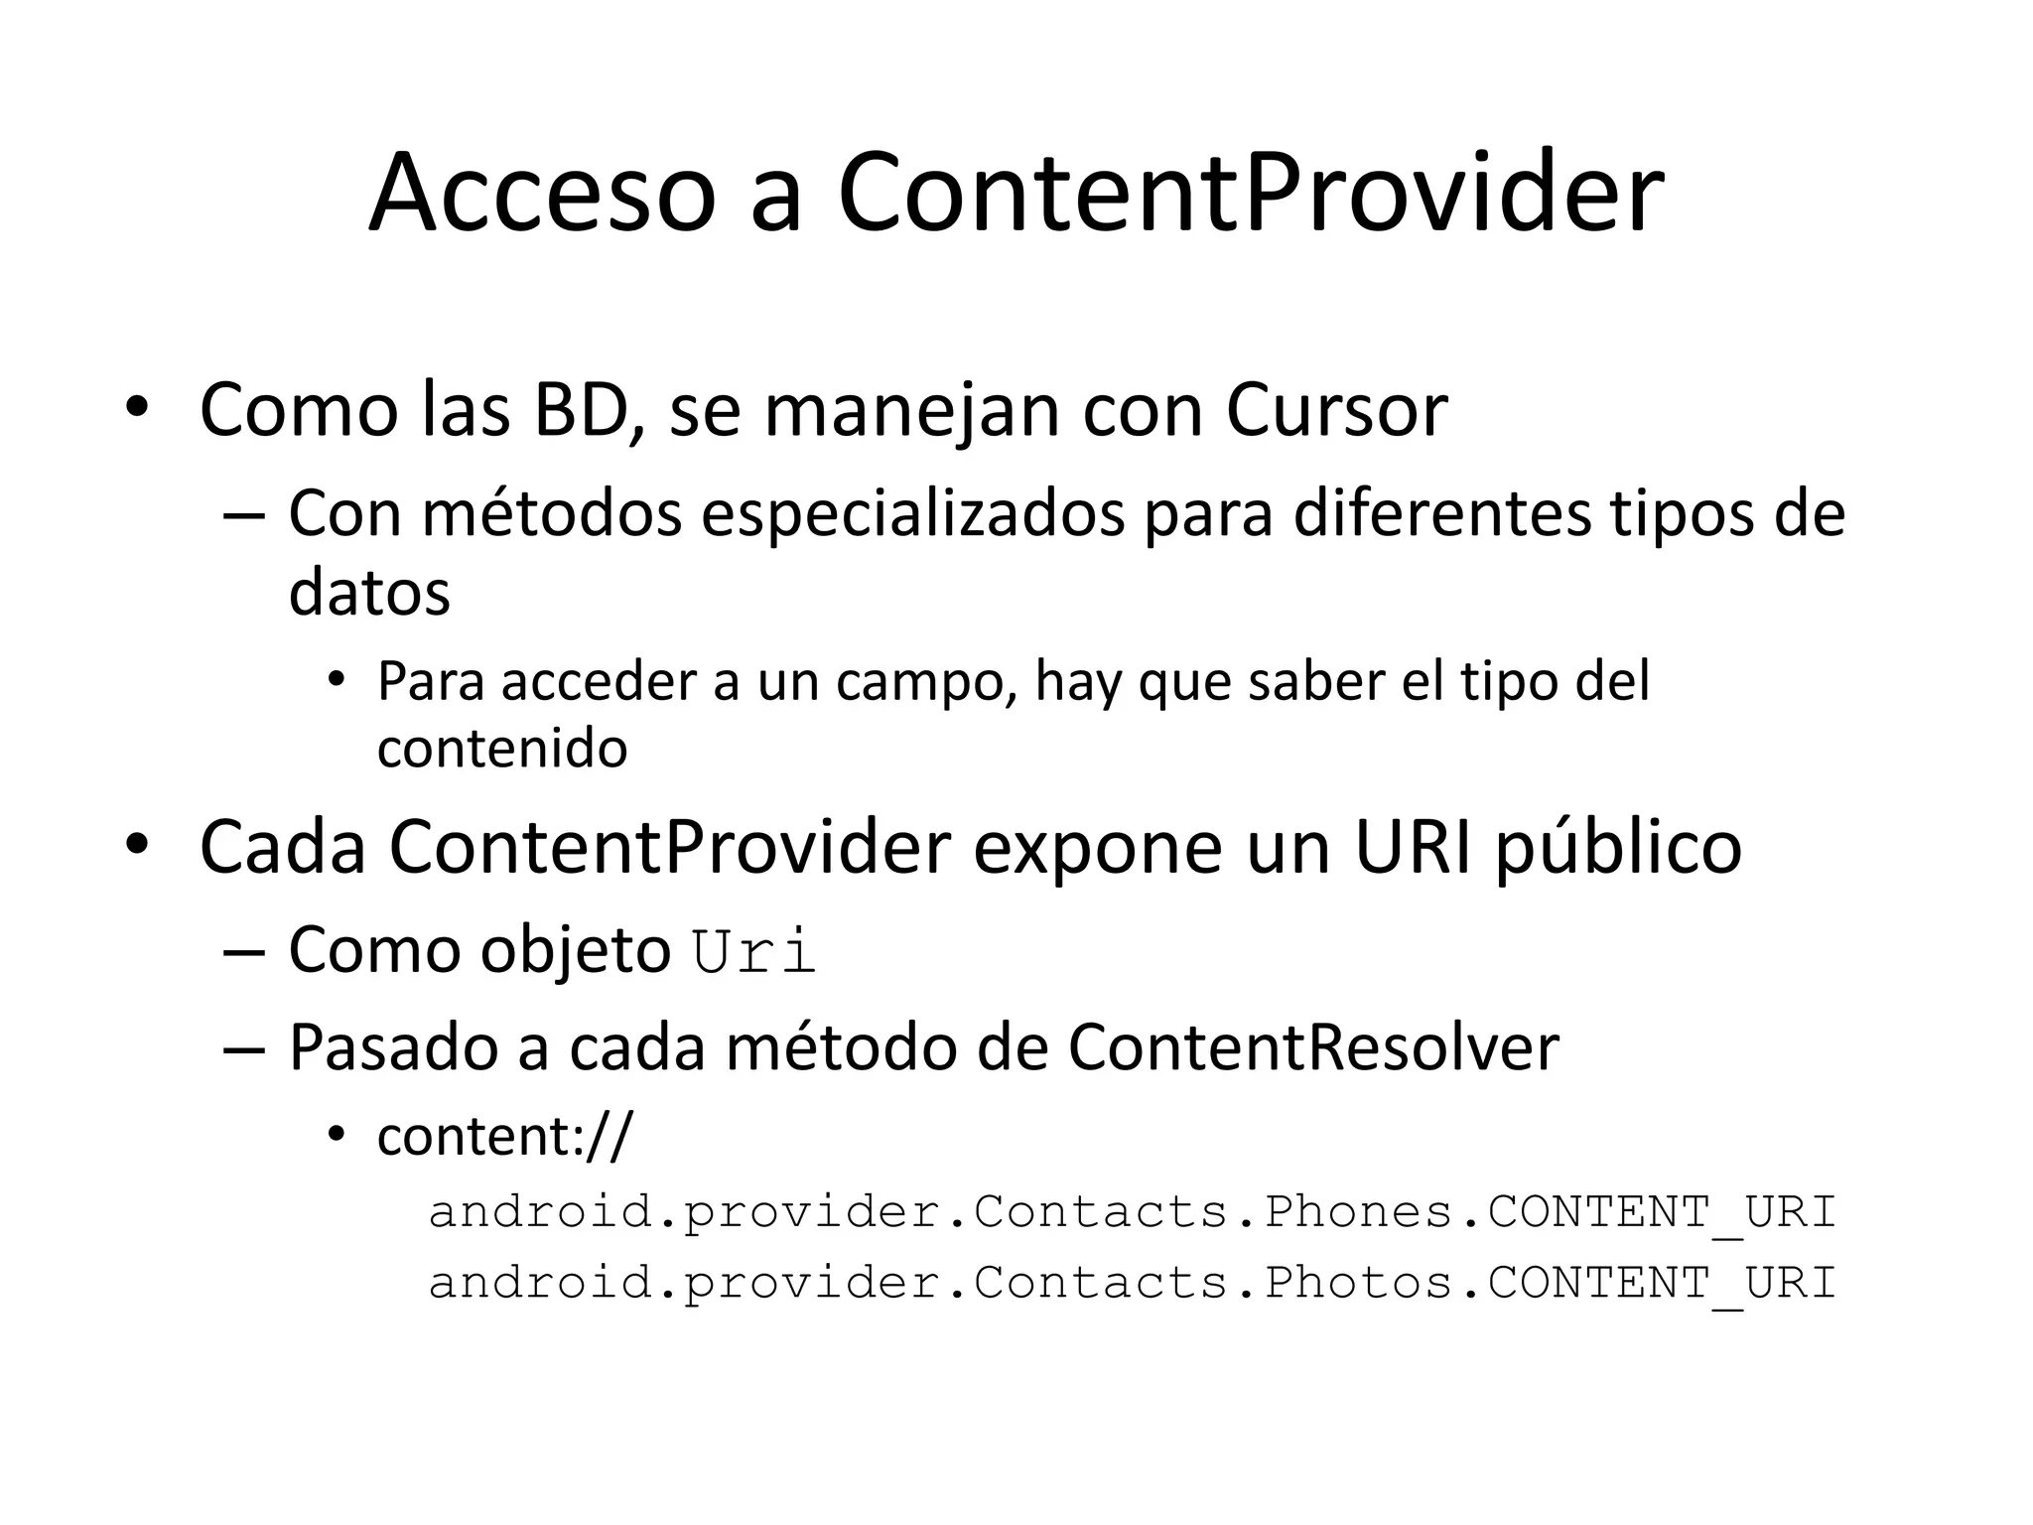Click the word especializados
[x=913, y=514]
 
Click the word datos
[x=369, y=592]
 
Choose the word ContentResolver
[x=1312, y=1046]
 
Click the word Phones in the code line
[x=1358, y=1211]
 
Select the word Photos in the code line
[x=1358, y=1282]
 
